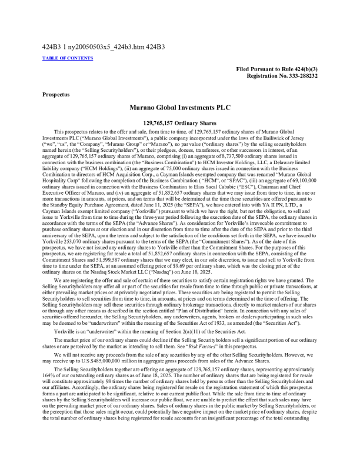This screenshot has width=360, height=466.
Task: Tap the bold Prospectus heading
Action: coord(55,94)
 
